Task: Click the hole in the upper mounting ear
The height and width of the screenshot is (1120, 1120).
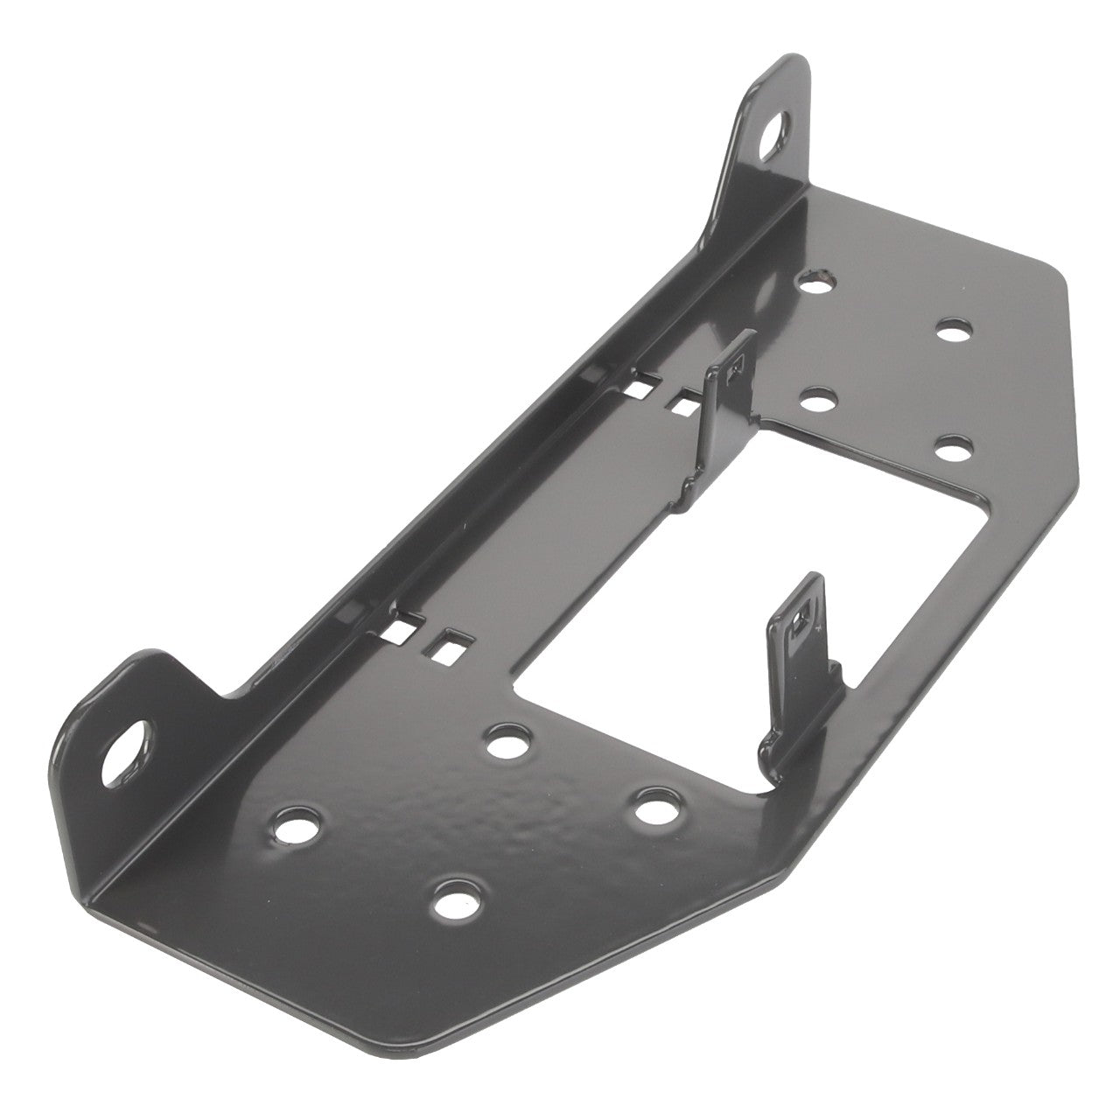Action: point(773,138)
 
